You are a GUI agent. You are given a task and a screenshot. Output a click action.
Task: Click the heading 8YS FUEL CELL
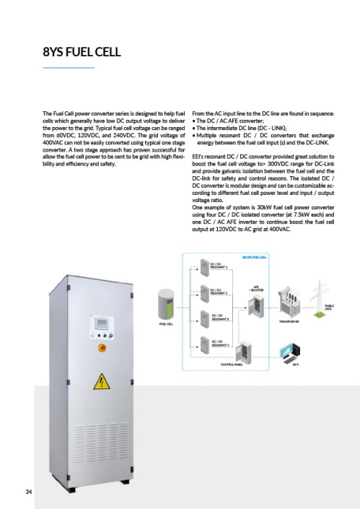point(82,53)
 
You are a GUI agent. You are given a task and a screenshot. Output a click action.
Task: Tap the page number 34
point(28,492)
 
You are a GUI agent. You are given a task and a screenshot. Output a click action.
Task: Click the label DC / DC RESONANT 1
point(218,266)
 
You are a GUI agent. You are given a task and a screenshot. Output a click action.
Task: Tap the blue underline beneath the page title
point(69,67)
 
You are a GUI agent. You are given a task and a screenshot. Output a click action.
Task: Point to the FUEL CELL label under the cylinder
point(166,324)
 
